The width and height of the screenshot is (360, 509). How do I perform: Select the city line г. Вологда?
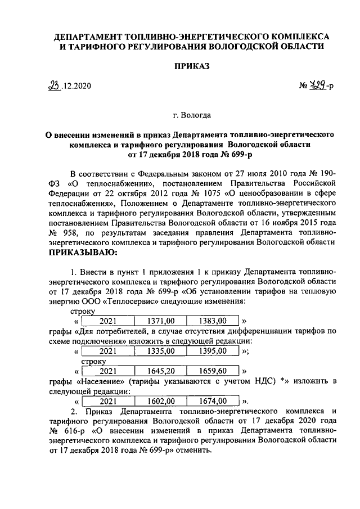pyautogui.click(x=192, y=116)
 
